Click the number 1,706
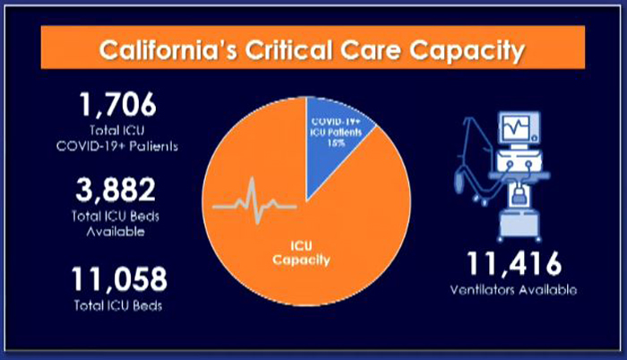point(118,105)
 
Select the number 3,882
point(116,190)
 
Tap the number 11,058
point(119,279)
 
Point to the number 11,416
point(514,263)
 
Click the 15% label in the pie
point(336,142)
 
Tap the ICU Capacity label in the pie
point(301,253)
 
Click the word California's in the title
point(168,50)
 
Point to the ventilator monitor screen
point(516,126)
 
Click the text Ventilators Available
point(513,289)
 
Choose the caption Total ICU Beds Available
point(116,224)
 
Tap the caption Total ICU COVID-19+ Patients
point(117,139)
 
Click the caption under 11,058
point(118,305)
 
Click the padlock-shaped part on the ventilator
point(519,194)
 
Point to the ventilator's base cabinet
point(520,224)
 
